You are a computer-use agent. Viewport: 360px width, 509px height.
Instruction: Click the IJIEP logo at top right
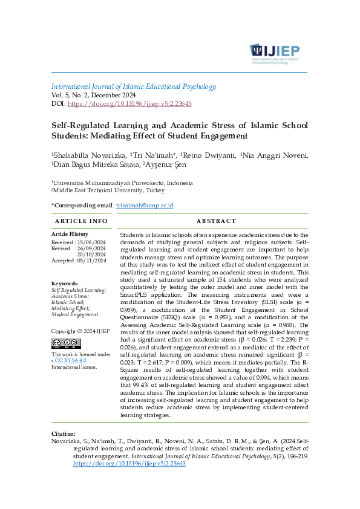[x=274, y=52]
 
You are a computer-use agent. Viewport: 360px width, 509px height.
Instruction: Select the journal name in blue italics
[x=133, y=86]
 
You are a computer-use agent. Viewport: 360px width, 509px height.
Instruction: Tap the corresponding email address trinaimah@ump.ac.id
[x=145, y=206]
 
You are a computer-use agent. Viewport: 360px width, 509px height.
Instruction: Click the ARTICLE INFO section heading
[x=81, y=221]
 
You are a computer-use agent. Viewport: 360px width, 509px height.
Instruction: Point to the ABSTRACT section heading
[x=211, y=221]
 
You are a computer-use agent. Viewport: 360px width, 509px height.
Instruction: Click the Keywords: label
[x=65, y=284]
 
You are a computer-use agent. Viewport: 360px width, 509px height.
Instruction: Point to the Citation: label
[x=64, y=433]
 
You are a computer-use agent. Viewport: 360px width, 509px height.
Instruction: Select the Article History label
[x=70, y=234]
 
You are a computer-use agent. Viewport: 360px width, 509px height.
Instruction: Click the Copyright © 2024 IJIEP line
[x=72, y=331]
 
